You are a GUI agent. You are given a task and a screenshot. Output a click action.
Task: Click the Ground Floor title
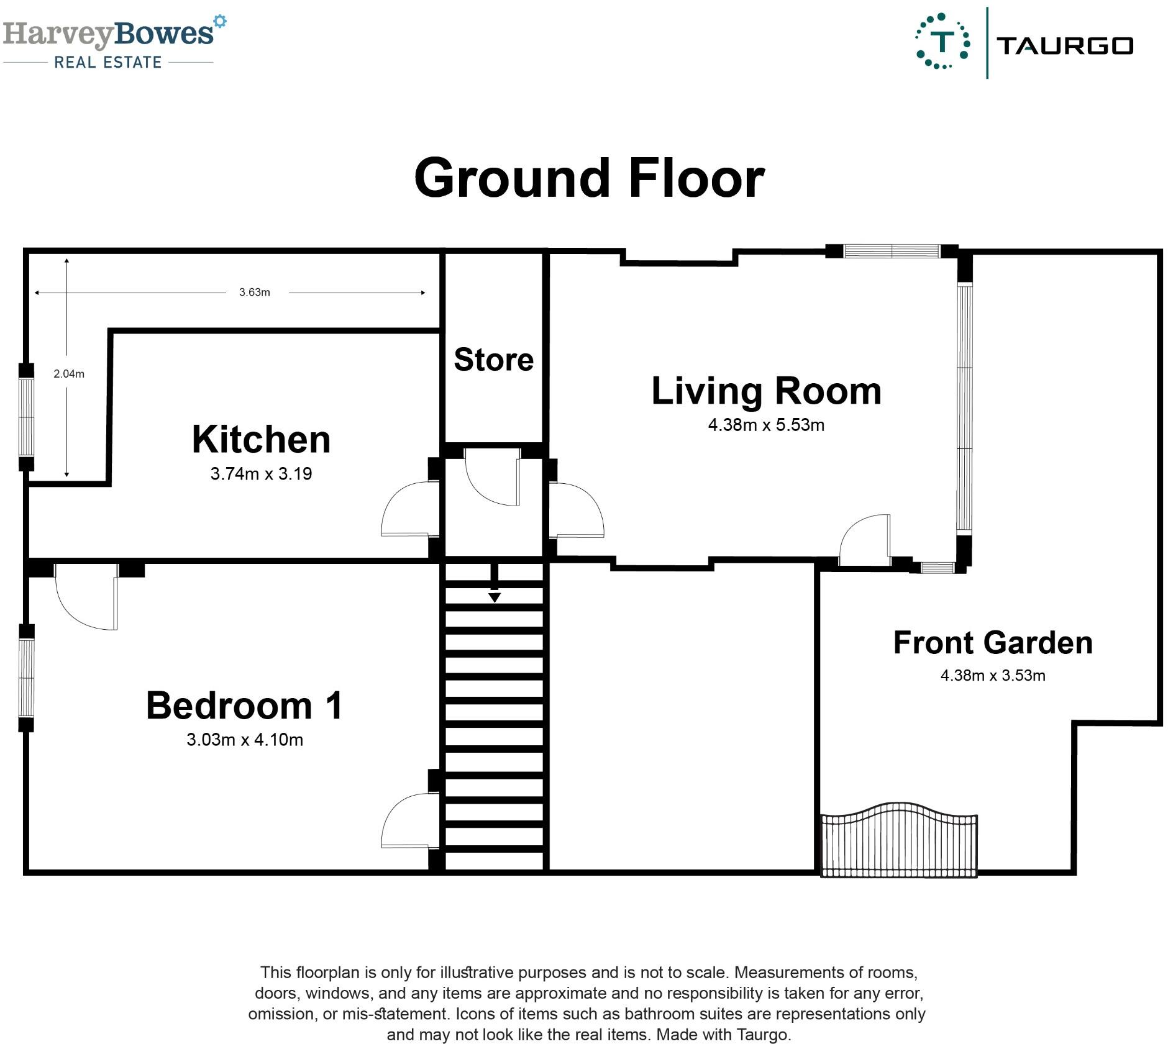589,178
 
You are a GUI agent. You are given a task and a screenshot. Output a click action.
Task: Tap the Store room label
494,360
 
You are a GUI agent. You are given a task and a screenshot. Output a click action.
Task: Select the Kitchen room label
261,440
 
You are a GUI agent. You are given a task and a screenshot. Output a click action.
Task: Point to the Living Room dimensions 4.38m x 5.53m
766,425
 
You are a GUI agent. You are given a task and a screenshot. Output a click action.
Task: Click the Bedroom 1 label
244,706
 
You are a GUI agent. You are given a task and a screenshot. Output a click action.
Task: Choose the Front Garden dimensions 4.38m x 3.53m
993,675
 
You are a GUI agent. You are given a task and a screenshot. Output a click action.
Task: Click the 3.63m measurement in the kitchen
255,293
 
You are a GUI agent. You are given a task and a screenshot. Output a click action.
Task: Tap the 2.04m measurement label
69,374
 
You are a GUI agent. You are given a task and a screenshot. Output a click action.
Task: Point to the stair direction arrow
495,584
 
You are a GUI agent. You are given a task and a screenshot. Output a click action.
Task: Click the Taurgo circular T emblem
942,41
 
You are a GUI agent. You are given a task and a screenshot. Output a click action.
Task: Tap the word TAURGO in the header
1065,46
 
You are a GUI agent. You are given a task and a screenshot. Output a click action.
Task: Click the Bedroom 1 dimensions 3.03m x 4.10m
245,740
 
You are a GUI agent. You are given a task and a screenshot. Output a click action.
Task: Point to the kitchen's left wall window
26,417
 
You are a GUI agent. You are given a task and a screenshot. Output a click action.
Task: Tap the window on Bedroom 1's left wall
26,678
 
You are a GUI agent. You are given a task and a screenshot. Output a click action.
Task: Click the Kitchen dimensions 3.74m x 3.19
261,474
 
